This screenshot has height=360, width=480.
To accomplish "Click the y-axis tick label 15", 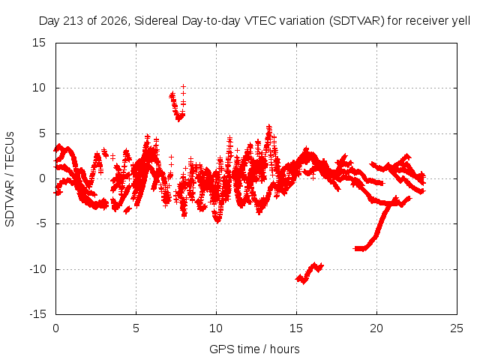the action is pos(39,43).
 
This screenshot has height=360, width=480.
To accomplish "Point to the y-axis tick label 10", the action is pos(39,88).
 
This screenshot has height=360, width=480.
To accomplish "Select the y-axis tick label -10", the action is pos(37,269).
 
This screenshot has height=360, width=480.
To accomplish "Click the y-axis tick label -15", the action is pos(37,314).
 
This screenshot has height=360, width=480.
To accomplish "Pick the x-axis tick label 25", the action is pos(457,328).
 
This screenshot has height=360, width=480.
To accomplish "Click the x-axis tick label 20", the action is pos(376,328).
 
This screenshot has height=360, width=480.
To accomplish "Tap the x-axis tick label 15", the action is pos(296,328).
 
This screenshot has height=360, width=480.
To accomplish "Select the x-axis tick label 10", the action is pos(216,328).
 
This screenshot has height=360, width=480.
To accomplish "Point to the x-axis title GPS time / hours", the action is pos(254,349).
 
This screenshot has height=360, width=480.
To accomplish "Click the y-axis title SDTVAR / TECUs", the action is pos(10,179).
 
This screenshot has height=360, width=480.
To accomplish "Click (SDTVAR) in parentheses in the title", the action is pos(357,21).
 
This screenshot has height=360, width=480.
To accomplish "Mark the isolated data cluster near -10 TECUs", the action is pos(309,273).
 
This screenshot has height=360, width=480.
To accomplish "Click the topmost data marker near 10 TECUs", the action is pos(183,87).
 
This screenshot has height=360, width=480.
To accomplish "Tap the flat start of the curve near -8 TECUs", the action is pos(359,248).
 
